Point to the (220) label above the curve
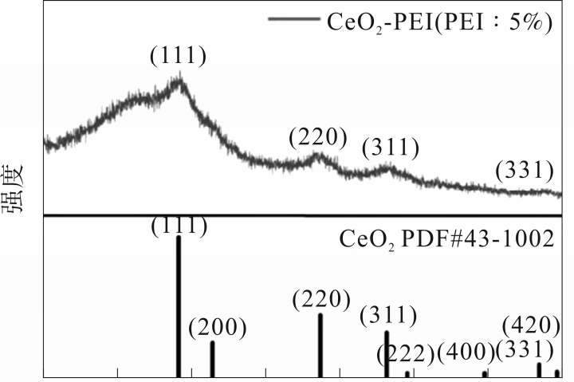(318, 137)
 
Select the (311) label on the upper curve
(390, 148)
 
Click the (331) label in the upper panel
(524, 170)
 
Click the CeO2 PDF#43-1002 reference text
(446, 238)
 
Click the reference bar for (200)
(212, 358)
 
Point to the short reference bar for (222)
(407, 373)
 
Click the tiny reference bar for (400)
(485, 373)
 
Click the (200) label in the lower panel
(218, 327)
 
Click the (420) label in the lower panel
(532, 325)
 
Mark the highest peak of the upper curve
(181, 78)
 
